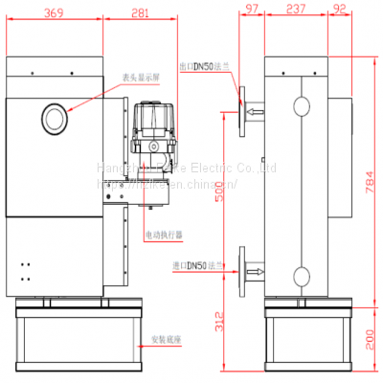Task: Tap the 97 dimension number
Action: pos(252,10)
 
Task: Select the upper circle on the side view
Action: pos(301,105)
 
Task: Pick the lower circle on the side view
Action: pos(301,276)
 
